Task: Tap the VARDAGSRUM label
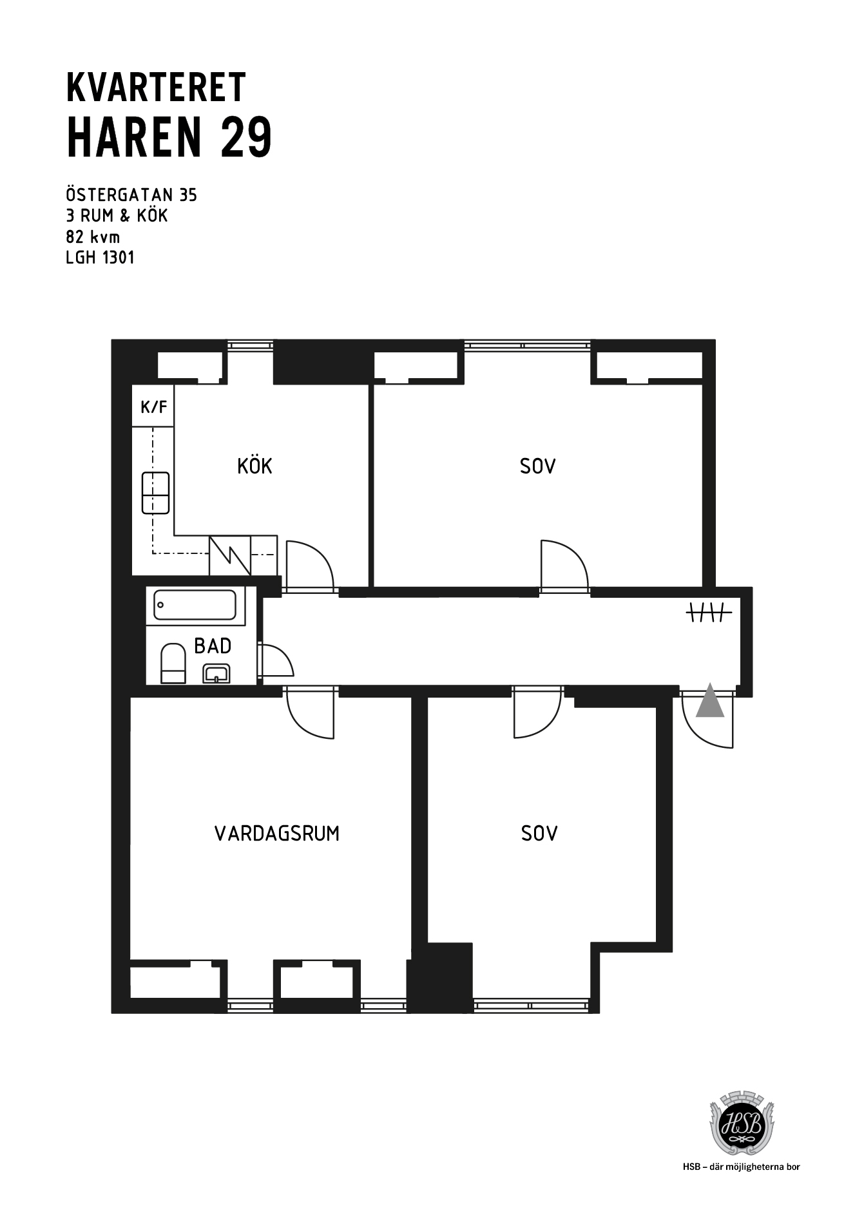click(x=277, y=834)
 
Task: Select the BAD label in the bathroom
click(x=213, y=645)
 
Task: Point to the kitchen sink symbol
click(x=155, y=493)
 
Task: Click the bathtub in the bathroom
click(x=195, y=605)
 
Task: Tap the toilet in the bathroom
click(x=173, y=664)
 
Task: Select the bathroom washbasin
click(x=217, y=673)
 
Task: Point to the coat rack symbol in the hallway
click(x=708, y=613)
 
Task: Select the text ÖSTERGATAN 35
click(x=131, y=195)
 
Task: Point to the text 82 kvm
click(x=93, y=236)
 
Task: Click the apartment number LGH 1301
click(x=101, y=258)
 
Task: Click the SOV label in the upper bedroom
click(x=537, y=466)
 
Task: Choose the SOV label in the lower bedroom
click(x=539, y=834)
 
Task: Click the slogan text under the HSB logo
click(x=742, y=1167)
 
